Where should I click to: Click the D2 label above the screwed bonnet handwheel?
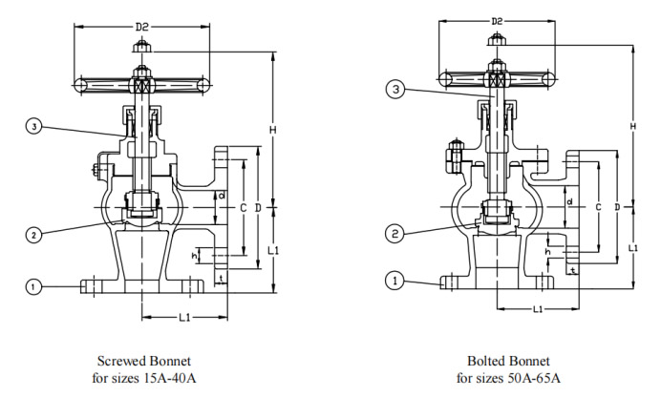pyautogui.click(x=141, y=27)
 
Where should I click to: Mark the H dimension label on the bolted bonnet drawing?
pyautogui.click(x=633, y=125)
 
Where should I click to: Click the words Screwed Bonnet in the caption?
pyautogui.click(x=144, y=362)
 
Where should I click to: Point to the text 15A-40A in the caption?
pyautogui.click(x=168, y=377)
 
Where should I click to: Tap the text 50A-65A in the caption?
pyautogui.click(x=534, y=377)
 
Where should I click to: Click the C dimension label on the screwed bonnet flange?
pyautogui.click(x=243, y=206)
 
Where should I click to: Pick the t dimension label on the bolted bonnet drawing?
pyautogui.click(x=572, y=271)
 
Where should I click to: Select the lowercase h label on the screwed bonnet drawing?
pyautogui.click(x=194, y=256)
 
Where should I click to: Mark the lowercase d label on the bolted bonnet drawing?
pyautogui.click(x=569, y=201)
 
